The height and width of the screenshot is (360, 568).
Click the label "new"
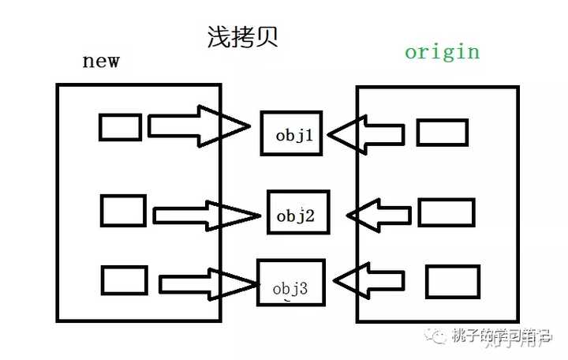(100, 62)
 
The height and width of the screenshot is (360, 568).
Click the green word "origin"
(442, 53)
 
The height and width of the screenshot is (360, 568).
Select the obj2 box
(297, 212)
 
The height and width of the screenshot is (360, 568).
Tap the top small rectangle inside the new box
(120, 127)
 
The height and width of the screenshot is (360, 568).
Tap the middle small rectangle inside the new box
(123, 211)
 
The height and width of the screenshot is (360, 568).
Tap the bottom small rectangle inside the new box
(125, 280)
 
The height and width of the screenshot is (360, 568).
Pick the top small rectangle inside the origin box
(442, 132)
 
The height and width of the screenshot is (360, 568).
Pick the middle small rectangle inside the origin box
(446, 212)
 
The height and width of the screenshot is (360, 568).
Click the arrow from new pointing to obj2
(205, 215)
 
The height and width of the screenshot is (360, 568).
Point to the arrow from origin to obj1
(366, 134)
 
